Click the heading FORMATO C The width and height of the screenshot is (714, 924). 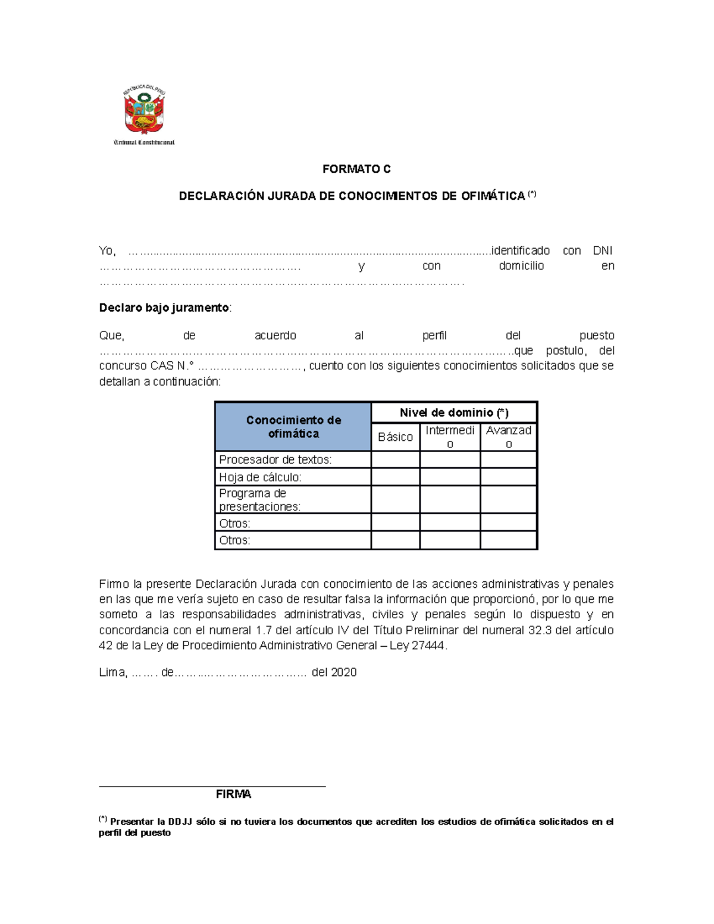pos(356,169)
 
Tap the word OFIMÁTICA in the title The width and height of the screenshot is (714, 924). pos(493,196)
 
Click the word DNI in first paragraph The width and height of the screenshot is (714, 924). pos(602,250)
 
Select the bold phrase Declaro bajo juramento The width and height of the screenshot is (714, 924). pos(164,308)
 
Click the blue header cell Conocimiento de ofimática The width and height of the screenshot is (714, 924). pos(293,427)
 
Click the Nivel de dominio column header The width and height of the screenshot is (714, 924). pos(454,412)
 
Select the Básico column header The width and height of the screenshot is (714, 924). pos(395,437)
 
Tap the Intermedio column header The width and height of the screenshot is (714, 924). pos(450,437)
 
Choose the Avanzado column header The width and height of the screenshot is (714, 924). pos(509,437)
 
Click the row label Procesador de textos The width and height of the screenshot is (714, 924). pos(275,459)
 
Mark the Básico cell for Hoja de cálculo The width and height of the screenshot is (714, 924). pos(395,477)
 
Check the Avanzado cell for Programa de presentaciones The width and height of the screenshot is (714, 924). pos(509,499)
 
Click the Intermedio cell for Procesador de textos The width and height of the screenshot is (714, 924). pos(450,459)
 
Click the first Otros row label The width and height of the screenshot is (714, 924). pos(234,523)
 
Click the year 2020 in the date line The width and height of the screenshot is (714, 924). pos(343,672)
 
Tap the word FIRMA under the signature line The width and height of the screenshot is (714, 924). pos(233,794)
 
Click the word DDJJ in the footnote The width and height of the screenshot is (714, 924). pos(180,822)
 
